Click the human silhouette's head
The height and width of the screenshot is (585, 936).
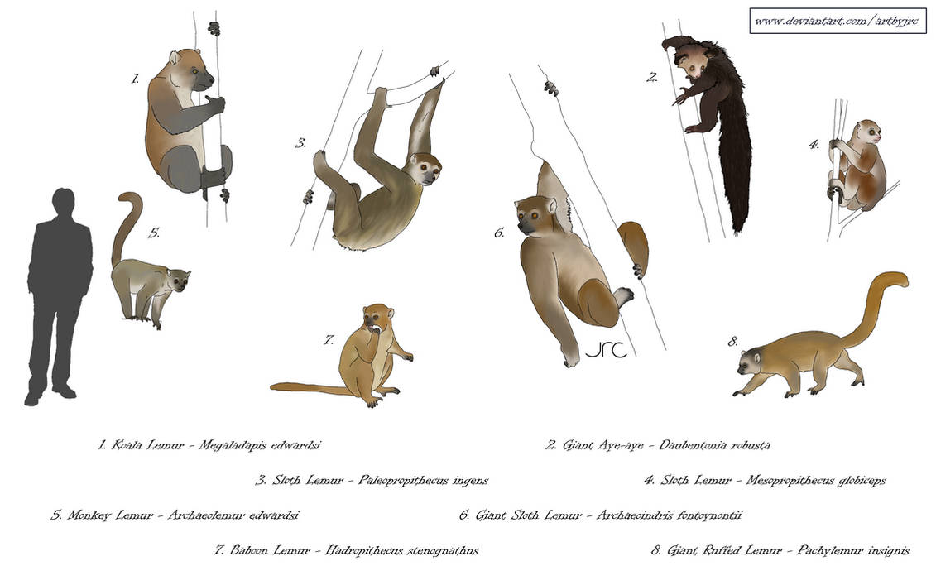coord(63,204)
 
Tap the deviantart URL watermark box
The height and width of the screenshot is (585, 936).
coord(838,21)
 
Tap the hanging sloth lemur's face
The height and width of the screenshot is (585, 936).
coord(426,170)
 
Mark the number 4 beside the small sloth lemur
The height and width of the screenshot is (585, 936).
coord(814,145)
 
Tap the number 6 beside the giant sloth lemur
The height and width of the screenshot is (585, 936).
coord(499,233)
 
